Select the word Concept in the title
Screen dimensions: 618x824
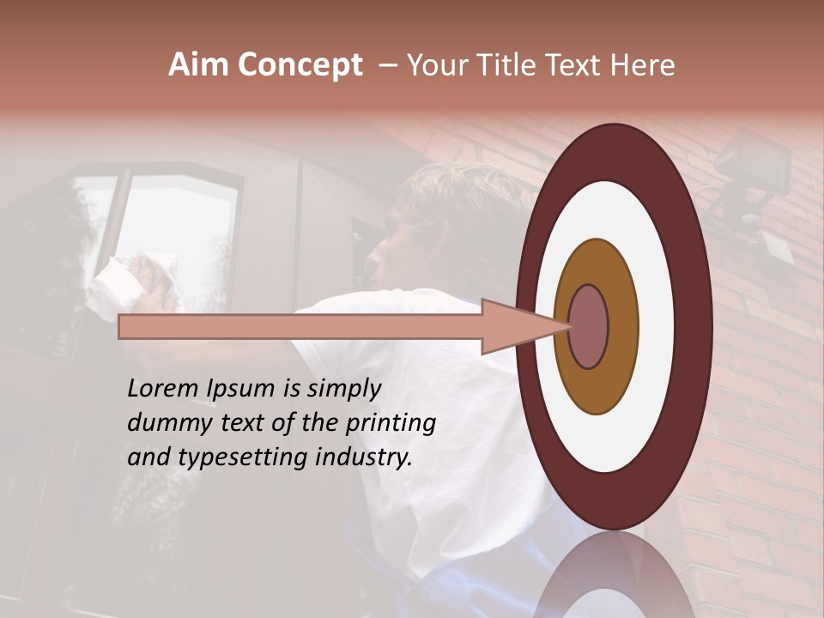click(300, 65)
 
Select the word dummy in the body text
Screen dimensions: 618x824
click(163, 422)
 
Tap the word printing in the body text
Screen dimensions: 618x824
click(390, 422)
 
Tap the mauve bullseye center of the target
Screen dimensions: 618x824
click(589, 326)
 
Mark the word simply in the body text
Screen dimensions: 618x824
click(343, 388)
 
